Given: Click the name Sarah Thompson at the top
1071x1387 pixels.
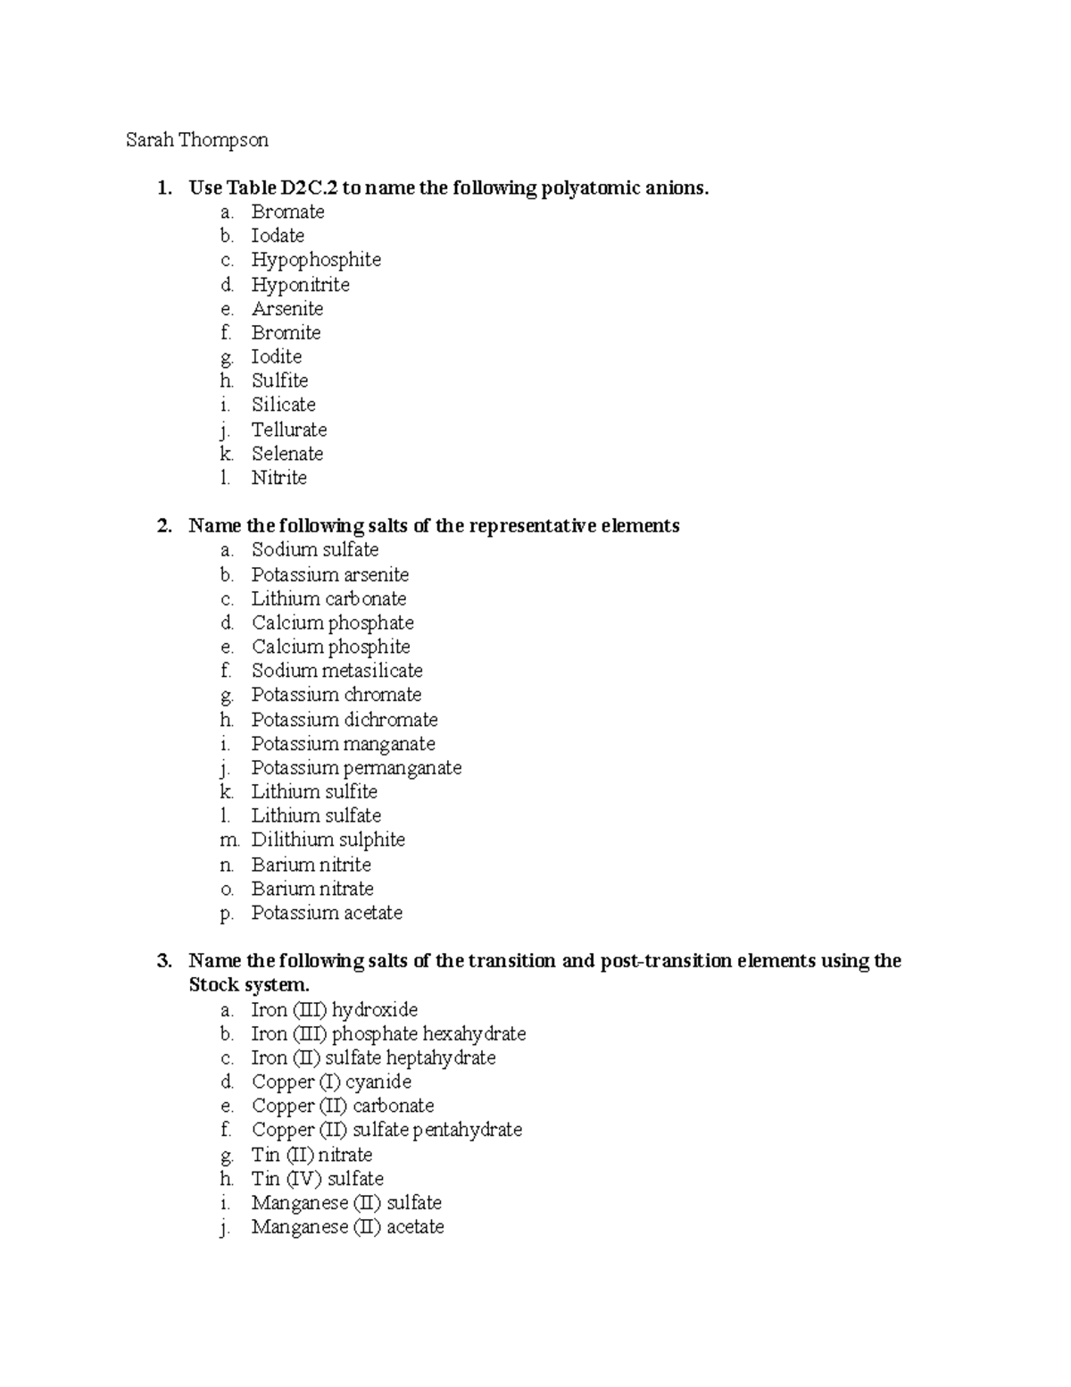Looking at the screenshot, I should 196,140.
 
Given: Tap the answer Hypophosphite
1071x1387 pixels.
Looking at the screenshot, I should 316,260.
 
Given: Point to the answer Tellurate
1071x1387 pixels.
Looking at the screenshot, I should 289,430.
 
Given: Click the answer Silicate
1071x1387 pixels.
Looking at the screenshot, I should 283,405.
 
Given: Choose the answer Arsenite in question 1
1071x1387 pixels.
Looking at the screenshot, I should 287,309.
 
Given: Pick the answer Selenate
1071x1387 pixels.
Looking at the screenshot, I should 287,454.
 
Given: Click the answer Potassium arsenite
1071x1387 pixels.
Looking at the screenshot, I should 329,575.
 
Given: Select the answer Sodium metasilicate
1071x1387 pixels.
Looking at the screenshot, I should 336,671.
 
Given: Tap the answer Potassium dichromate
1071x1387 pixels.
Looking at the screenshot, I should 345,720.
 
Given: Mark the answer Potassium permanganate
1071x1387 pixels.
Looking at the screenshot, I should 356,768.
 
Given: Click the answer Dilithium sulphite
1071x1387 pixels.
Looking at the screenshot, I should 328,840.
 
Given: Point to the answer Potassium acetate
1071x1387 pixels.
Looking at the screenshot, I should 327,913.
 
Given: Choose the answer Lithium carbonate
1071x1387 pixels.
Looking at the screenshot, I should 328,598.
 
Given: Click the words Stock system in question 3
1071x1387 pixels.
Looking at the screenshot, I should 248,985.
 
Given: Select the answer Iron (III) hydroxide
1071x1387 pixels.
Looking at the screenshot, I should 334,1010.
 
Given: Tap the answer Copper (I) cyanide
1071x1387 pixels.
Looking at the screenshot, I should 331,1082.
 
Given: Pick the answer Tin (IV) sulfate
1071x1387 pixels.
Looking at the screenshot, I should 317,1179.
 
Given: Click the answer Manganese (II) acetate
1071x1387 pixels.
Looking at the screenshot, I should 347,1227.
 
